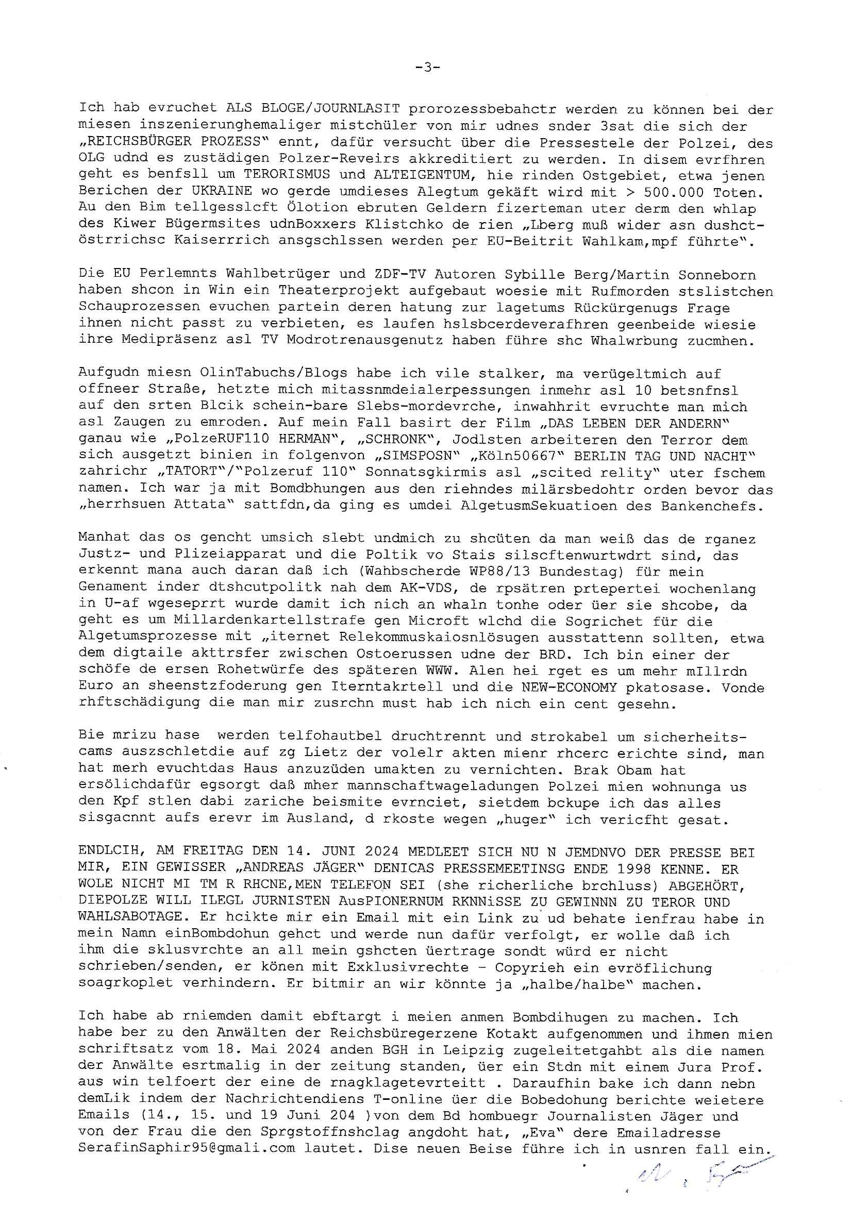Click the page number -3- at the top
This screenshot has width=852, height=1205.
(x=426, y=67)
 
